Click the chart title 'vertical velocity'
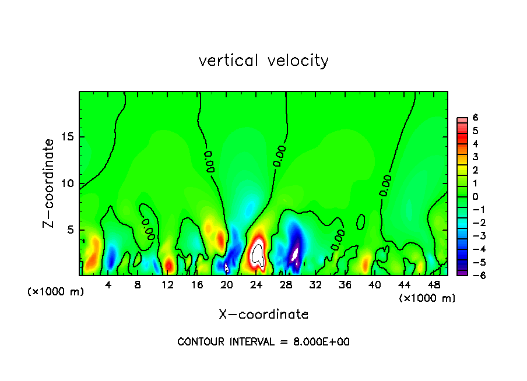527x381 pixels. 263,61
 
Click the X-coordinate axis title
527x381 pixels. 263,315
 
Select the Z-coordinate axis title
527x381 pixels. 49,183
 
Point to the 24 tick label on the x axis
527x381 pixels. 256,285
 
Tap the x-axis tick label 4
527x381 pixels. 108,285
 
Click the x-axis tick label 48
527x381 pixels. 433,285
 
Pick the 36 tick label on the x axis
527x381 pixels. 345,285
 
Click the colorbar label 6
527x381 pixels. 475,118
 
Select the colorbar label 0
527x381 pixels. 475,196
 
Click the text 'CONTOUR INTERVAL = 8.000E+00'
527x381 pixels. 263,342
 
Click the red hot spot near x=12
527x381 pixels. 168,265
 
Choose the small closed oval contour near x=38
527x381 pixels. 360,222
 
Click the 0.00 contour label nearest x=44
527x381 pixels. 385,185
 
